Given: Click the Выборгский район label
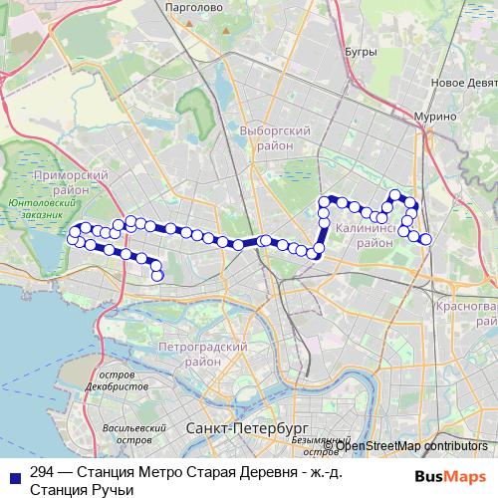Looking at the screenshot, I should [x=276, y=137].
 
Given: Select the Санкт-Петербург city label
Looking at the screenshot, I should [x=235, y=426].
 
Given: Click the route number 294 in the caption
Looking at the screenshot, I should [x=43, y=473].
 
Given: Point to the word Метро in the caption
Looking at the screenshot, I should [x=149, y=473].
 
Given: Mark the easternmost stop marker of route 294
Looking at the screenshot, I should [x=426, y=238].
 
